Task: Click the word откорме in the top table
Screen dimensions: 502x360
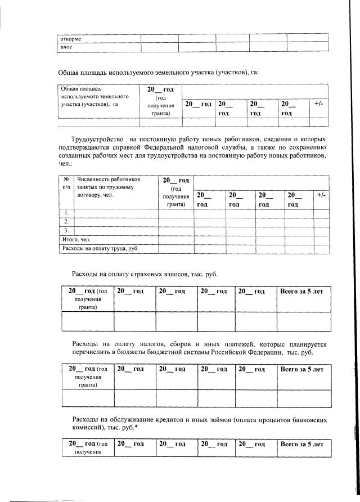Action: tap(71, 39)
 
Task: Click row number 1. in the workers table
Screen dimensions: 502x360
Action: tap(66, 212)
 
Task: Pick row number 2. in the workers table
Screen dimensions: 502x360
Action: tap(66, 221)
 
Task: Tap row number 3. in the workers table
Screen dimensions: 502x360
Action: tap(66, 230)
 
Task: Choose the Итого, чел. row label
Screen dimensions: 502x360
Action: tap(76, 239)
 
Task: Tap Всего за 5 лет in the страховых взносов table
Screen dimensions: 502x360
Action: tap(302, 291)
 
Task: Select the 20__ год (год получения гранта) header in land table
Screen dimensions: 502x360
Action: tap(160, 101)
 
